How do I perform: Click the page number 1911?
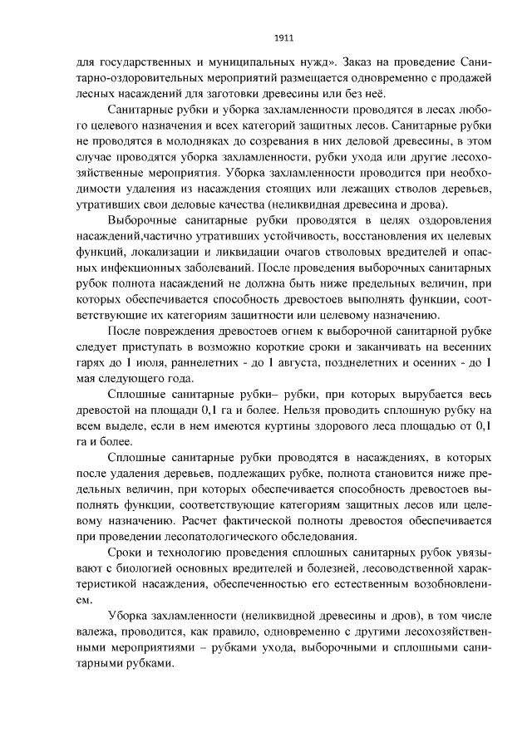click(284, 37)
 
